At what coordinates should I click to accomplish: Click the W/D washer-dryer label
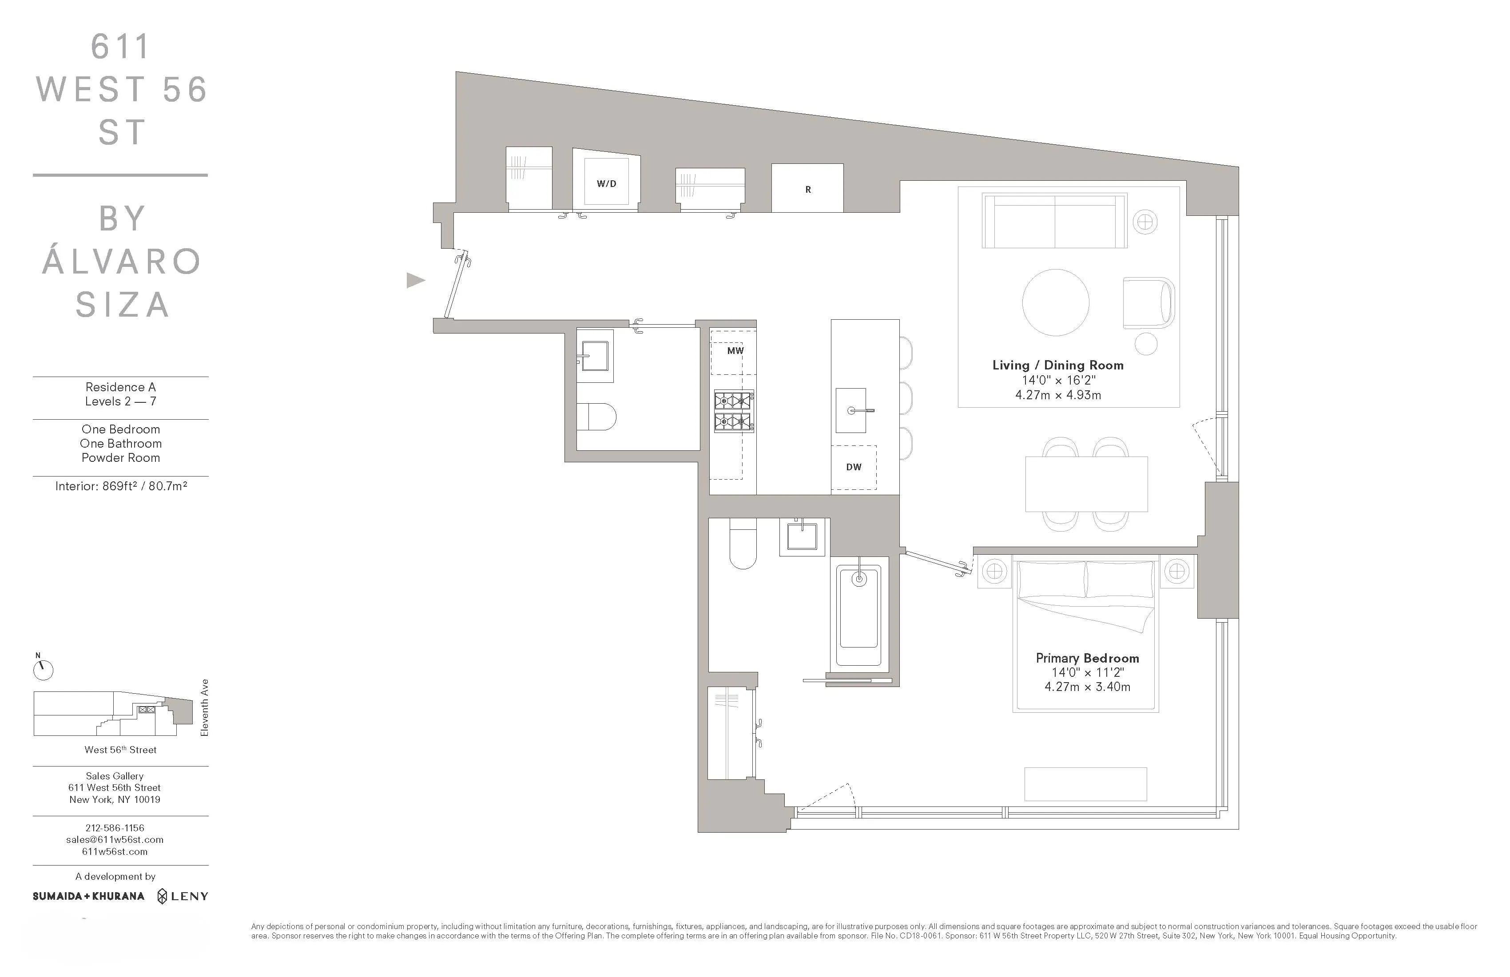coord(606,183)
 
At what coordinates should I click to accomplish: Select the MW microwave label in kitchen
coord(735,350)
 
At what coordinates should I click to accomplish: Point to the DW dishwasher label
coord(853,467)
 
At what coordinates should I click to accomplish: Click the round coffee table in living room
coord(1055,302)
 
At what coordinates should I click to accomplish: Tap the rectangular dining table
coord(1085,484)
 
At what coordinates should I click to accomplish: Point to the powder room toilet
coord(597,417)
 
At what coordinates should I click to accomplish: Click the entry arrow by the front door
coord(415,280)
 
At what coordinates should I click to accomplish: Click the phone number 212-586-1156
coord(115,827)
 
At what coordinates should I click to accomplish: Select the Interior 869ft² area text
coord(120,486)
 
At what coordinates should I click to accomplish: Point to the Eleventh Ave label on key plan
coord(204,707)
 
